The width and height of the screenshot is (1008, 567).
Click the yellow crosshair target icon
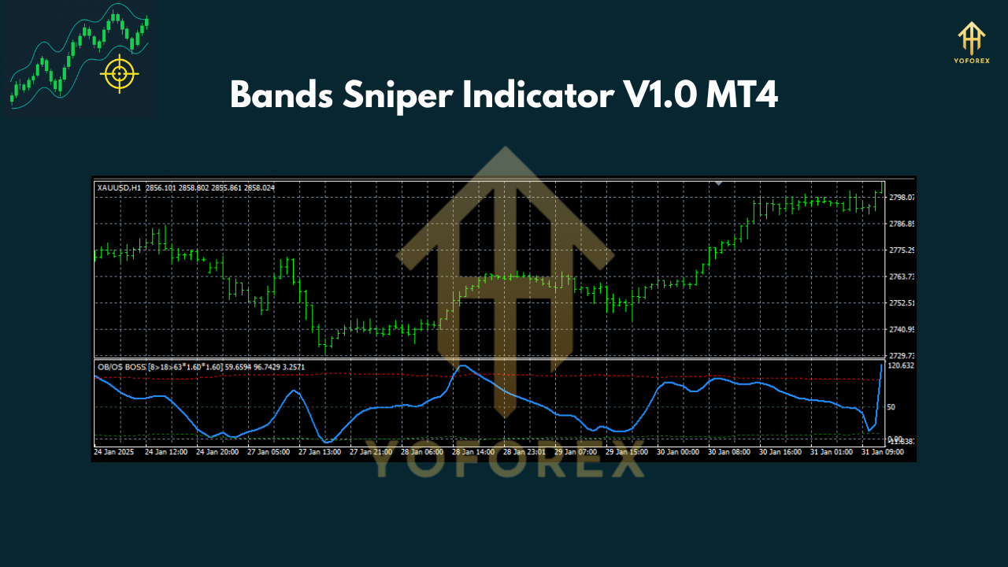(119, 74)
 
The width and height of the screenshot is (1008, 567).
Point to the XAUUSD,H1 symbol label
(119, 187)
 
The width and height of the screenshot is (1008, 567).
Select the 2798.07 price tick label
(900, 197)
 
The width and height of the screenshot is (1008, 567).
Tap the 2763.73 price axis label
(900, 276)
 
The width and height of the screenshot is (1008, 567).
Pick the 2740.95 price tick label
(900, 329)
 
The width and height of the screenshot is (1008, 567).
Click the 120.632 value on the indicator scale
(900, 365)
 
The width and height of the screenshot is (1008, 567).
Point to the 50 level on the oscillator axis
(891, 407)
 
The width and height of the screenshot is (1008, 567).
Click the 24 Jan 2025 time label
(113, 453)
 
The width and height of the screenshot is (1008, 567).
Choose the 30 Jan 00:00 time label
(676, 453)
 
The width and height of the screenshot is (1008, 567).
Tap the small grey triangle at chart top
(718, 183)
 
